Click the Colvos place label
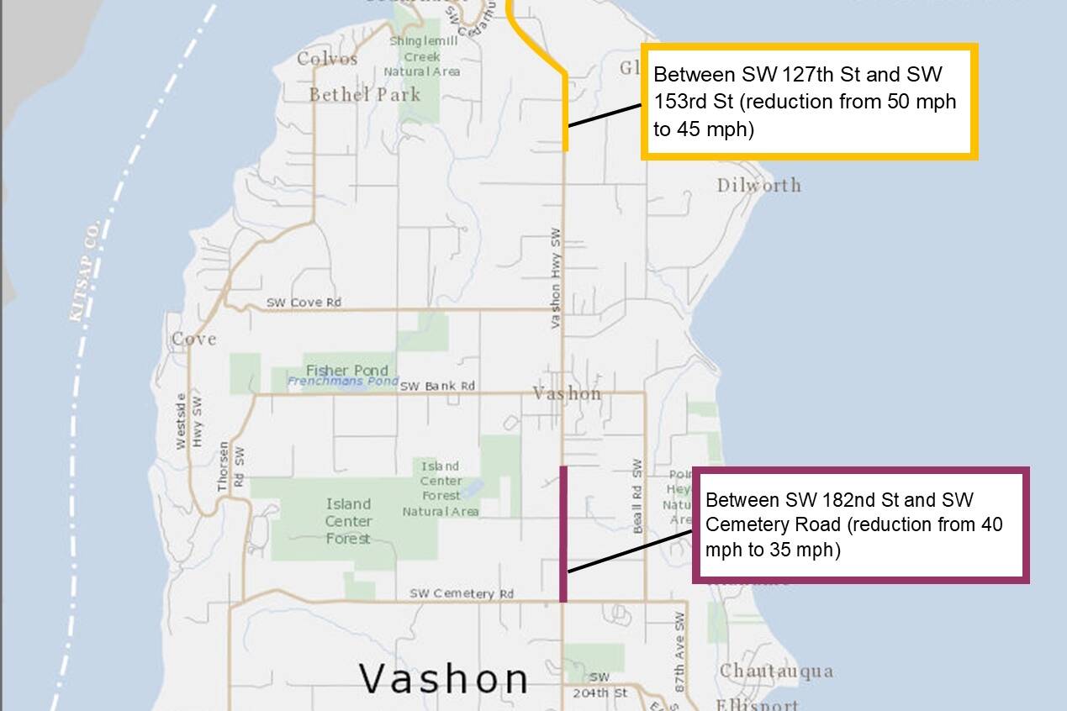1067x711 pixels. (x=327, y=59)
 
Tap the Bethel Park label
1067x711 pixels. (x=364, y=94)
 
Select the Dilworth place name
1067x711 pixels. (x=758, y=186)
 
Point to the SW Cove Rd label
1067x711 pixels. (x=304, y=303)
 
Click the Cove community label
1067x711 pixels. (x=194, y=340)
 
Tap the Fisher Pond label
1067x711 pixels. (x=347, y=371)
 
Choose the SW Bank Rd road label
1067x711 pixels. (x=437, y=386)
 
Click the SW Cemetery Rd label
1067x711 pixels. (x=462, y=593)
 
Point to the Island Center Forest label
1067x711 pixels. (x=348, y=521)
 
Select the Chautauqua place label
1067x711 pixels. (x=776, y=671)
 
